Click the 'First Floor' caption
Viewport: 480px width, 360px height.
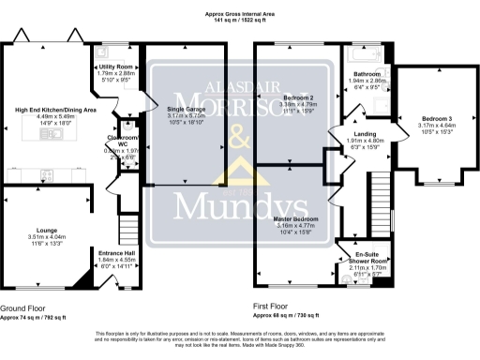pos(273,307)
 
